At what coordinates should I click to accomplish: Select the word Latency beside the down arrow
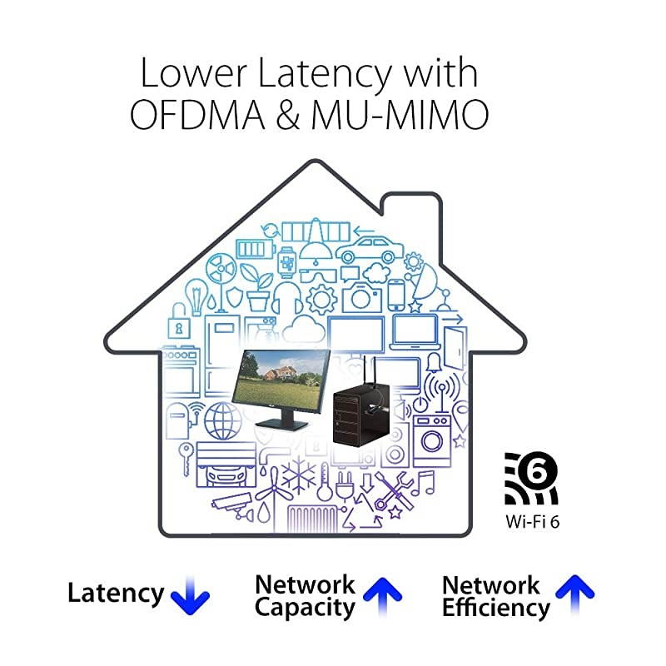(x=116, y=594)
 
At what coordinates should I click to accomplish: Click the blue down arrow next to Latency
(x=190, y=594)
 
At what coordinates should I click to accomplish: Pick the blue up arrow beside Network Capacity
(x=382, y=593)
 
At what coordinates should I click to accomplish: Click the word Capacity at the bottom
(x=305, y=607)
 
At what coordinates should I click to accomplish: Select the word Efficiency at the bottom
(x=496, y=608)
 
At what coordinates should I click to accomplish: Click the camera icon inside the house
(x=361, y=296)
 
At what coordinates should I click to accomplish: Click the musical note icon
(x=425, y=482)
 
